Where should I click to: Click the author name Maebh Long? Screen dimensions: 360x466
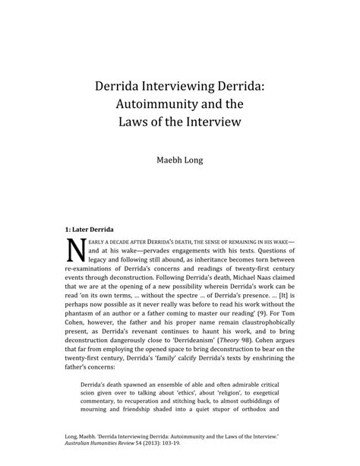[179, 161]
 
